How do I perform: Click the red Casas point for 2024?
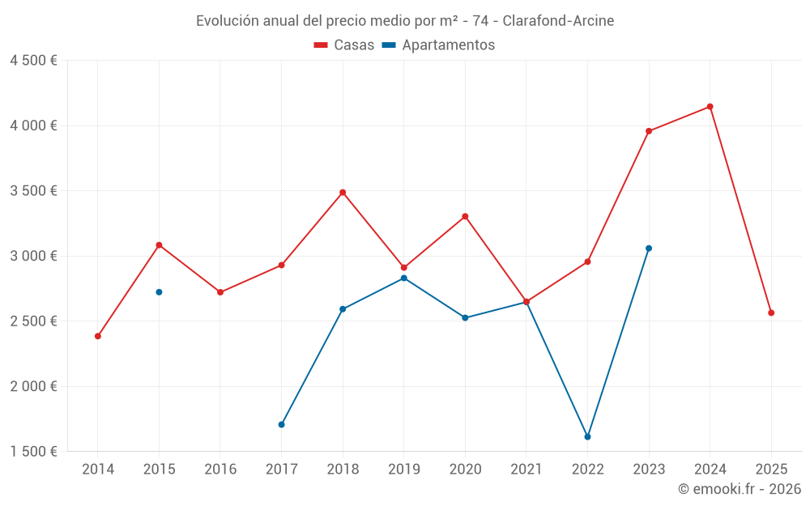point(710,107)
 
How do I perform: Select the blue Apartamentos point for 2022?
point(587,436)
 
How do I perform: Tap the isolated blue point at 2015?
point(159,292)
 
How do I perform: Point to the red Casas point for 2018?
point(343,193)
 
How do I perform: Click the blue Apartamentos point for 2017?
point(281,424)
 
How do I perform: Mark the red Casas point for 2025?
point(771,313)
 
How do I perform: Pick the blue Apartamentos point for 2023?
point(649,249)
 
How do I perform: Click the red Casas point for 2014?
point(98,336)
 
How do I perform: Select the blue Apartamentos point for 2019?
point(403,279)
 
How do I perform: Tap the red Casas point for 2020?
point(465,216)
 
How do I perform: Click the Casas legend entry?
point(345,45)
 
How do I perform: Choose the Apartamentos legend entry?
point(439,45)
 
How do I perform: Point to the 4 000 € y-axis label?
point(33,125)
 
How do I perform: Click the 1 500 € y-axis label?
point(33,452)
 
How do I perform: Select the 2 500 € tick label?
point(33,321)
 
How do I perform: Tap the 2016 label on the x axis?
point(220,470)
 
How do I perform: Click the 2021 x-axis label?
point(526,470)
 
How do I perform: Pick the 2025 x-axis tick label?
point(771,470)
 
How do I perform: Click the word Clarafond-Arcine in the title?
point(558,20)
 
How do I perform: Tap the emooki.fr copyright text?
point(740,489)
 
